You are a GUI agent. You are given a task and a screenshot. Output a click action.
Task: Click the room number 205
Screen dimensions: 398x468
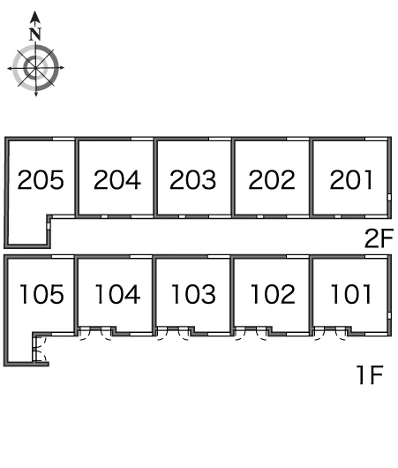(x=41, y=179)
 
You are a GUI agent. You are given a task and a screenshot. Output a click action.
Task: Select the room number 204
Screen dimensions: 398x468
(x=117, y=179)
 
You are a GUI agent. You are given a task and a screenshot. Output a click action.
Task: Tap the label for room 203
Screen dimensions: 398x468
(x=192, y=179)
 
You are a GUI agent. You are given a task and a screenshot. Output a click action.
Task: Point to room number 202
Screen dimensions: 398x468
(x=272, y=179)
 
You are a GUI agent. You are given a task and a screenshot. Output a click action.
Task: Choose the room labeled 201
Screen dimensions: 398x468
(x=351, y=179)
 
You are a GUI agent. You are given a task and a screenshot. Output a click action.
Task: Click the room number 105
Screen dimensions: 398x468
(x=41, y=294)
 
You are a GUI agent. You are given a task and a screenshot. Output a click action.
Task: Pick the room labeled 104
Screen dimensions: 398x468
(x=117, y=294)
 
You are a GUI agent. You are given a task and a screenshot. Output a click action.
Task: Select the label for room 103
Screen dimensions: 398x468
(x=193, y=294)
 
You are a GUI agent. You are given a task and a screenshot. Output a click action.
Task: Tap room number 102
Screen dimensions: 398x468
(x=273, y=294)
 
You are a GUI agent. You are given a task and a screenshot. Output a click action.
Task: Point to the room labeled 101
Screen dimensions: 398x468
(x=351, y=294)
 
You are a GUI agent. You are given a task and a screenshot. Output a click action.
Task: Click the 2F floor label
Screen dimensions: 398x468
(x=379, y=238)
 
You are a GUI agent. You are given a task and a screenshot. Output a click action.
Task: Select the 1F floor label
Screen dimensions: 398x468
(x=370, y=375)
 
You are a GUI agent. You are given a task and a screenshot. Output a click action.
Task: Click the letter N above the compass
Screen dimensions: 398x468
(x=35, y=34)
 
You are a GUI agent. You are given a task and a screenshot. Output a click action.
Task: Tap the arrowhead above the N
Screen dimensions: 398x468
(x=35, y=18)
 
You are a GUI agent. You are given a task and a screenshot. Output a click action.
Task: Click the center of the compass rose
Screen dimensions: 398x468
(x=36, y=68)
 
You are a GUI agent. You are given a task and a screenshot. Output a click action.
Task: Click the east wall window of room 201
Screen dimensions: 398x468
(x=389, y=197)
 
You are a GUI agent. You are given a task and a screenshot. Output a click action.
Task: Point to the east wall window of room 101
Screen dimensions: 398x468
(x=389, y=316)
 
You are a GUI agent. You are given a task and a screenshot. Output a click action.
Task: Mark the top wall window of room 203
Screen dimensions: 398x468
(x=220, y=139)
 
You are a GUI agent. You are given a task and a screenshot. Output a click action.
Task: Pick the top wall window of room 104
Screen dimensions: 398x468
(x=141, y=257)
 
